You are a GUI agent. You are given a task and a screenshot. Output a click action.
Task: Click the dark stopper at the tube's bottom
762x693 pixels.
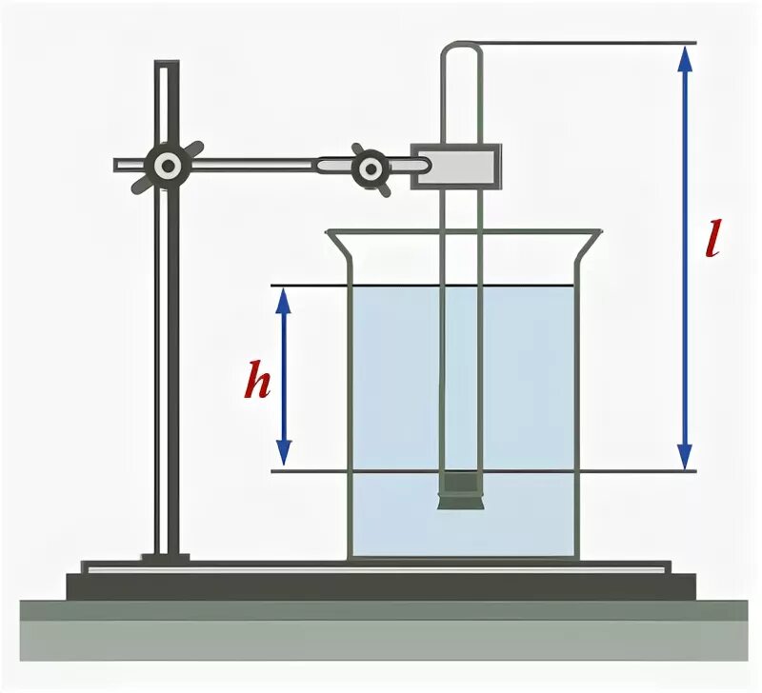(460, 490)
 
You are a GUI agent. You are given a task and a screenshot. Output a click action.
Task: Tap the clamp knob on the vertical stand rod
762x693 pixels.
(168, 167)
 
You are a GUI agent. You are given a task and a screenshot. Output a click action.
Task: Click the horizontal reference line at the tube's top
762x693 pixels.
(591, 43)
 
